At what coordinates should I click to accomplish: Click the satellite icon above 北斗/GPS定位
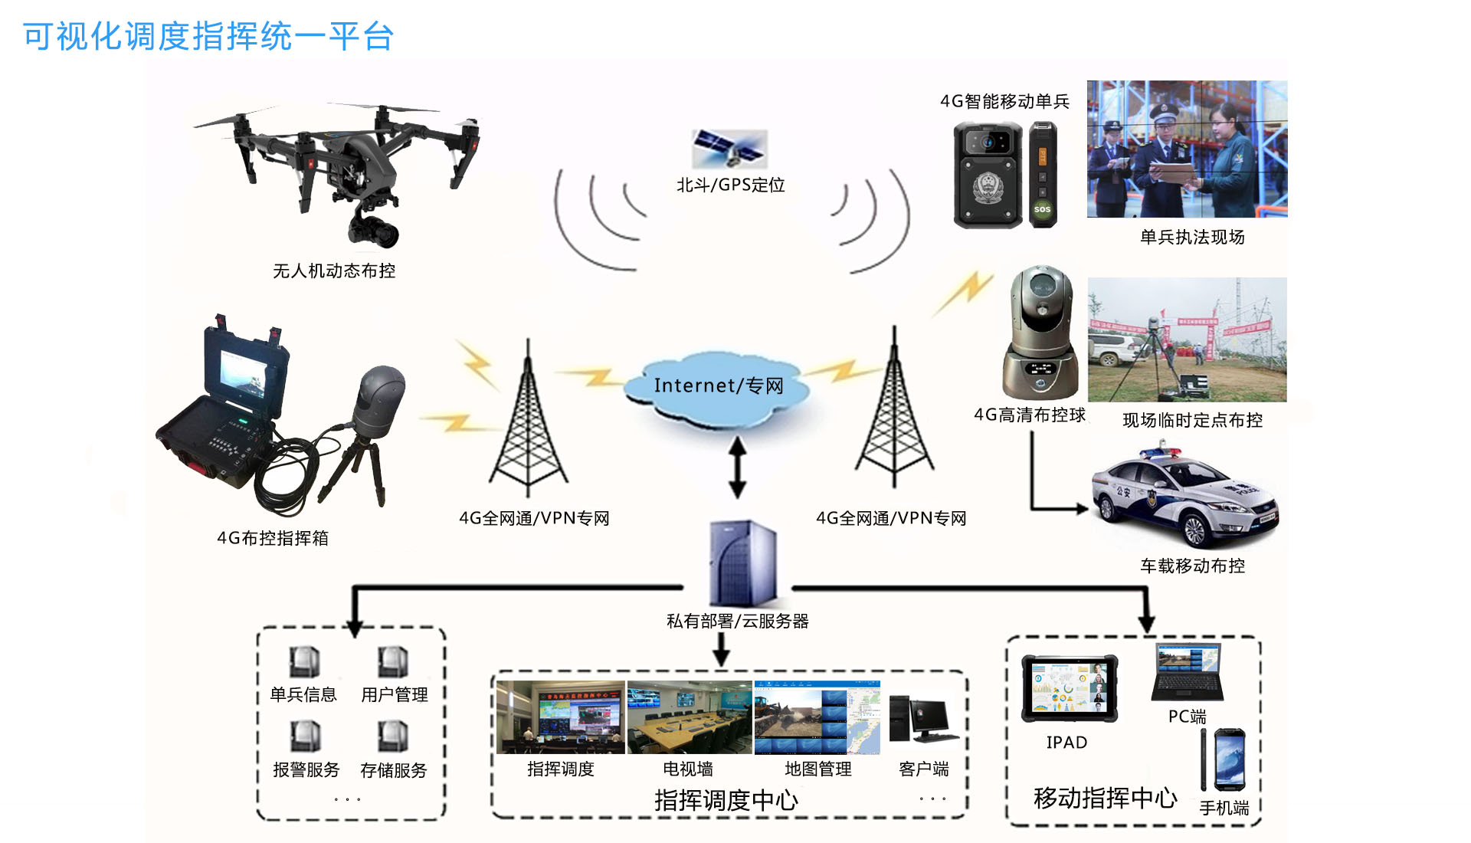point(729,149)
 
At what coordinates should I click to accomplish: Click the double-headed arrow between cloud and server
point(737,467)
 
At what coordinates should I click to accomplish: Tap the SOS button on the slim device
point(1042,209)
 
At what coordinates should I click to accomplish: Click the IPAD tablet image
point(1069,688)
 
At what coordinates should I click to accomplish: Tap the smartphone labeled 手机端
point(1229,759)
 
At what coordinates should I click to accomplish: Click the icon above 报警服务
point(305,736)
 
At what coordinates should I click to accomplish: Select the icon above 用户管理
point(393,661)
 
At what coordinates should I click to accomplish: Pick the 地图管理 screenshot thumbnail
point(817,717)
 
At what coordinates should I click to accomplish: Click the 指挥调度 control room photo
point(560,717)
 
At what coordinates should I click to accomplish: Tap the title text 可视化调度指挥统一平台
point(208,36)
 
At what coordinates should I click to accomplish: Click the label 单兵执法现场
point(1191,237)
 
